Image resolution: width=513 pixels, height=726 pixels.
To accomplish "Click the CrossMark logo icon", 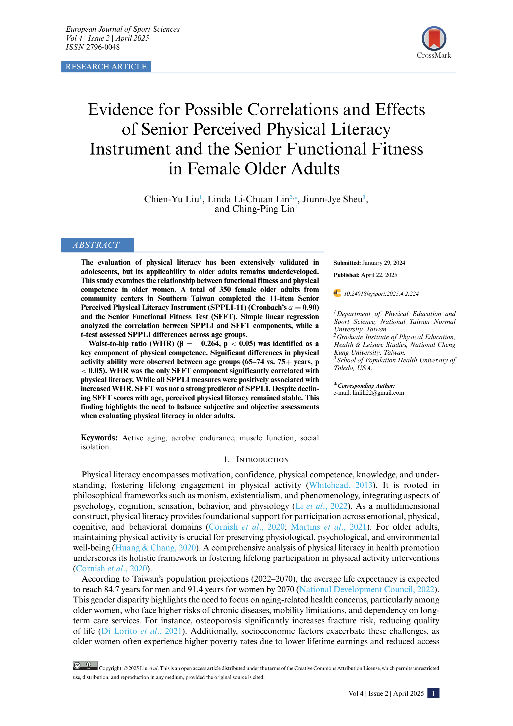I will point(434,39).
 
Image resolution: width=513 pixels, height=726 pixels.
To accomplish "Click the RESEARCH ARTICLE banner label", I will point(106,67).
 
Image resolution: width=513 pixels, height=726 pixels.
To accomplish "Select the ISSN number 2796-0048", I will point(103,47).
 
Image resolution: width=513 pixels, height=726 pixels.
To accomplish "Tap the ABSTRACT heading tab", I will point(97,245).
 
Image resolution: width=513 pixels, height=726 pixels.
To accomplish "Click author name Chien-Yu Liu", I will point(171,199).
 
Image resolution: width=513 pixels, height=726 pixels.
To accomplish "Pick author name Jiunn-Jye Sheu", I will point(332,199).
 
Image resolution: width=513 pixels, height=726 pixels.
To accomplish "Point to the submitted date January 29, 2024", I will point(383,263).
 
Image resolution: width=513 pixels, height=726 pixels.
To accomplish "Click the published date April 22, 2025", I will point(379,275).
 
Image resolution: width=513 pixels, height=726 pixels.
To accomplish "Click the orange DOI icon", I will point(337,293).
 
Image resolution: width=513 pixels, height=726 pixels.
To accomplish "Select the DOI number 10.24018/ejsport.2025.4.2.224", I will point(381,294).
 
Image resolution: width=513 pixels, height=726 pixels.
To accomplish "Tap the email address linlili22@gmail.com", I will point(378,393).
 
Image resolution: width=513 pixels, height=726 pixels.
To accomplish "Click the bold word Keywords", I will point(99,438).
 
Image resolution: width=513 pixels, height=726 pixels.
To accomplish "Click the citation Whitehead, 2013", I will point(341,485).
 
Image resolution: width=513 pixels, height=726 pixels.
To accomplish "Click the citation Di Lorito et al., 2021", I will point(141,631).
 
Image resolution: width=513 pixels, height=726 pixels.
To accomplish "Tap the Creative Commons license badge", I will point(85,665).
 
